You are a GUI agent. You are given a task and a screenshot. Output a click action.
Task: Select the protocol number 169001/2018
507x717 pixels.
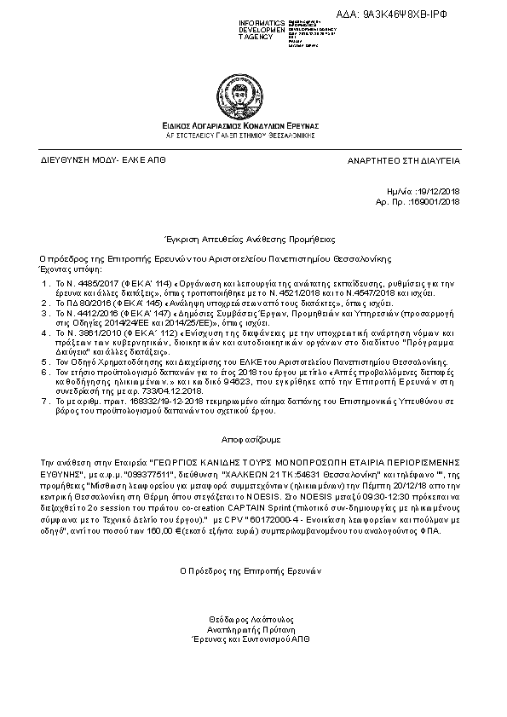[435, 202]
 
